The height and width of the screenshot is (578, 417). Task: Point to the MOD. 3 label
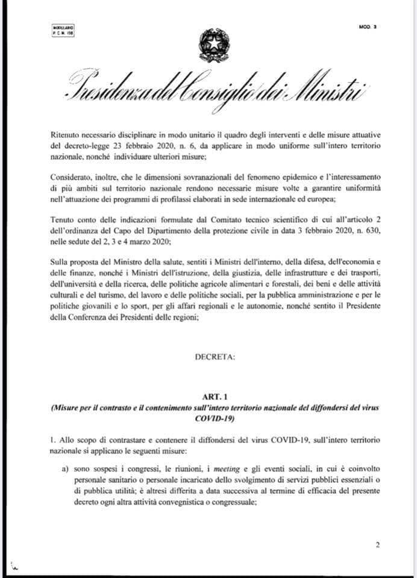[x=367, y=28]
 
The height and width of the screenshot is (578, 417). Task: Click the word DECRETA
[x=215, y=357]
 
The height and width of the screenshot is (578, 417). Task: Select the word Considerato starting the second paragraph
[x=71, y=179]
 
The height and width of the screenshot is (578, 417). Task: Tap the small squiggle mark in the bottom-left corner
[x=14, y=568]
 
